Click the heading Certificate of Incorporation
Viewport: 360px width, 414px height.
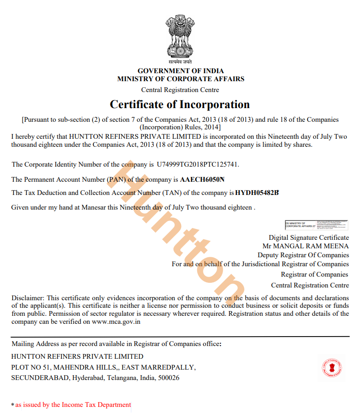click(x=180, y=104)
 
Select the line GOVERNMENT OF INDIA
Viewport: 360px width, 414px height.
click(x=181, y=71)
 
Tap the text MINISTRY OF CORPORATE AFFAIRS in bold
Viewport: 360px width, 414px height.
click(x=181, y=79)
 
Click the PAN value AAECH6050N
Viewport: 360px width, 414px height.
click(x=202, y=179)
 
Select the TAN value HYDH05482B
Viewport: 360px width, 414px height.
click(x=257, y=193)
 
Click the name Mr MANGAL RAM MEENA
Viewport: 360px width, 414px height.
click(x=305, y=246)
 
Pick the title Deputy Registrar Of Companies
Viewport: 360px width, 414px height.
click(x=303, y=255)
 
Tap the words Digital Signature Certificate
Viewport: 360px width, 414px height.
click(x=309, y=237)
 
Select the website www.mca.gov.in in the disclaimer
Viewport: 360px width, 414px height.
click(x=116, y=322)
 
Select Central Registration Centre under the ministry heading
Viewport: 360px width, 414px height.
click(x=180, y=90)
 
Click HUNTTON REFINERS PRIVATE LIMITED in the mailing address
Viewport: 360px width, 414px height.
click(x=77, y=356)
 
